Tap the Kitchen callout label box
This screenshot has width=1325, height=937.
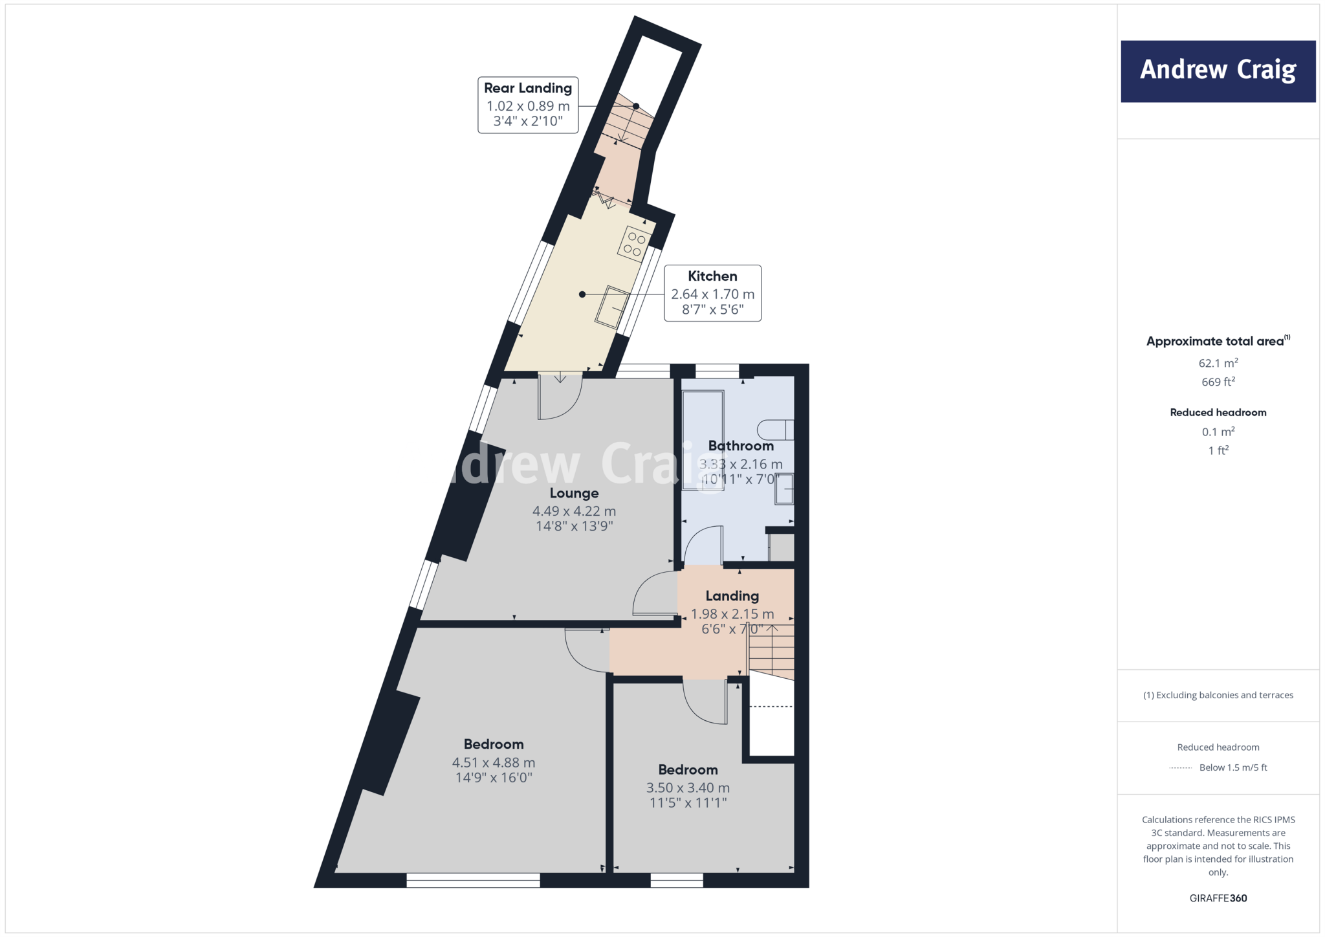click(712, 293)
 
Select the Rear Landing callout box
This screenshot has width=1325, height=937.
click(528, 105)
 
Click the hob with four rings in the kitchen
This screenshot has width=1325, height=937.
click(634, 244)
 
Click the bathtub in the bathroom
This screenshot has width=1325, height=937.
click(703, 440)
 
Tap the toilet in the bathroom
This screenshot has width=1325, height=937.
click(775, 430)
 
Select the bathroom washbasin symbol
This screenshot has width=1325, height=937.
click(784, 489)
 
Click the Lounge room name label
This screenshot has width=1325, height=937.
click(574, 493)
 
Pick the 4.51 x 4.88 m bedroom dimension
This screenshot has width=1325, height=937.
click(494, 763)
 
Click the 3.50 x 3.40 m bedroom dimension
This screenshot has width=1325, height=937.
click(688, 788)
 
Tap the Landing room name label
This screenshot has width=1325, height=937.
click(732, 596)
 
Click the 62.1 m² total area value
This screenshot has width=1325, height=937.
click(1218, 363)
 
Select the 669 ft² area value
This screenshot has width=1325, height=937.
click(1218, 382)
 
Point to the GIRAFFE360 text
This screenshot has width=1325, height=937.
click(1218, 898)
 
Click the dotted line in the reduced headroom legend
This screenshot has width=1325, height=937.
click(1181, 768)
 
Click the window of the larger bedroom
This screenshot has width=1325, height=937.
click(473, 880)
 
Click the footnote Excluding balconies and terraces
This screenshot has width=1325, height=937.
click(1218, 695)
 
